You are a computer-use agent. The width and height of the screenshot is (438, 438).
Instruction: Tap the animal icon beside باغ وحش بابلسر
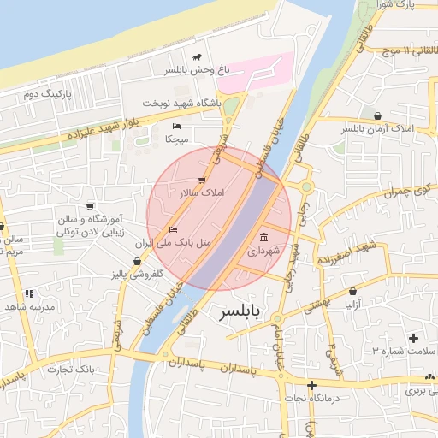[198, 57]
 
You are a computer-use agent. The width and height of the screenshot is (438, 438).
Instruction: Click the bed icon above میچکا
[176, 126]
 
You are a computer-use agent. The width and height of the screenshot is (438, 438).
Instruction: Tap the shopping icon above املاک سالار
[201, 180]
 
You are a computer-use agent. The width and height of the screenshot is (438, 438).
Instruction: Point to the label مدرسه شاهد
[29, 305]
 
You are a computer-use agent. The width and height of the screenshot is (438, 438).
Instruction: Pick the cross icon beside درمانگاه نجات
[311, 385]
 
